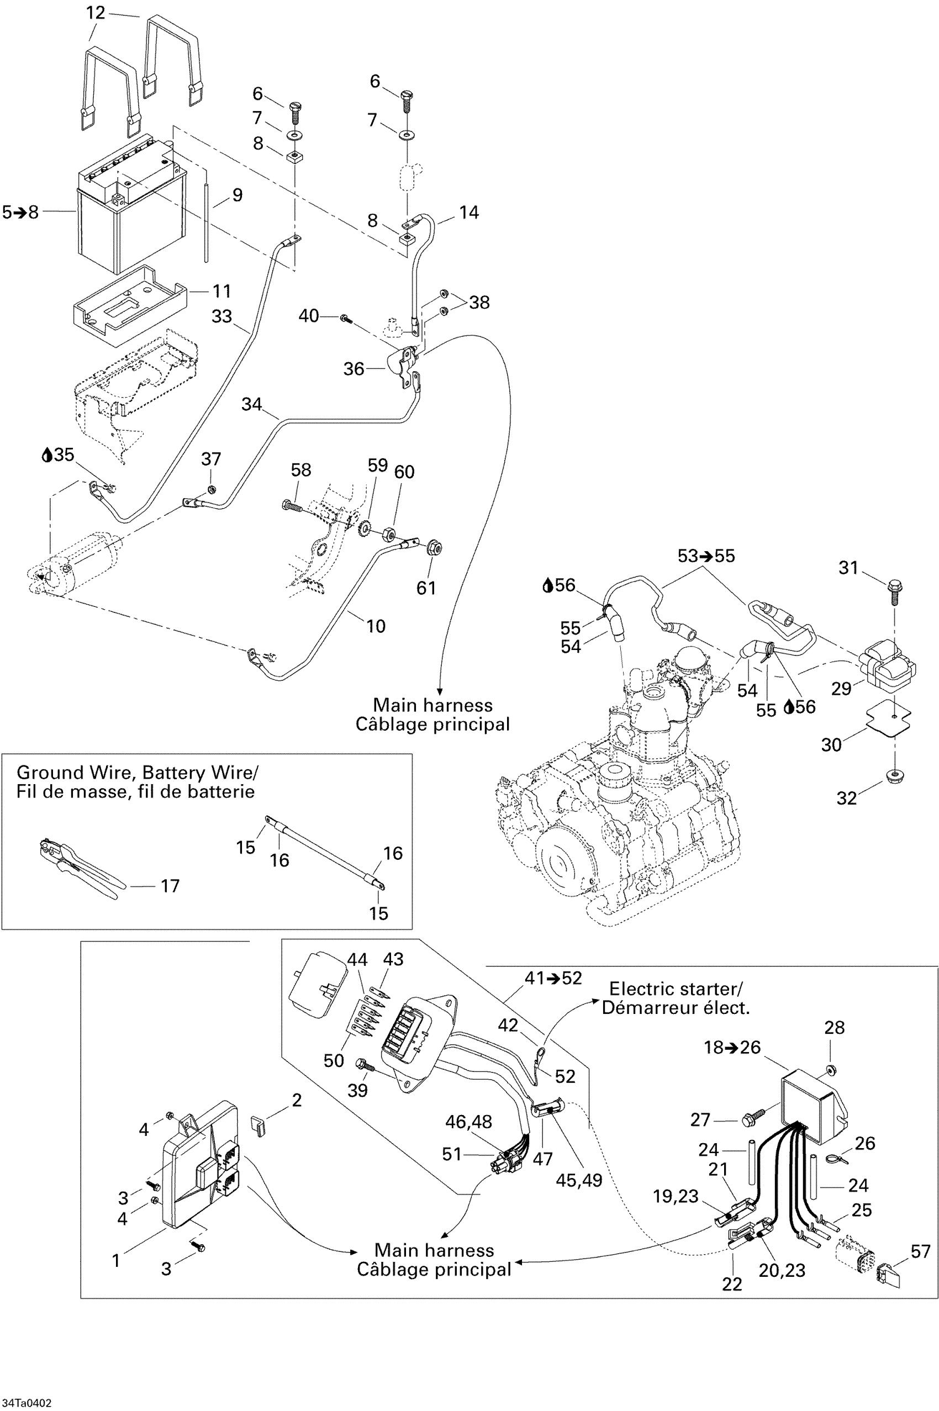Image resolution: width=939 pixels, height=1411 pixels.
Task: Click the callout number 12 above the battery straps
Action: coord(96,13)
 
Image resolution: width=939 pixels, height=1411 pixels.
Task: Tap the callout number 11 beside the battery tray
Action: coord(221,291)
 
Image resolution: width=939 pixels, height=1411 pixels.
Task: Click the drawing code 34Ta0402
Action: coord(27,1403)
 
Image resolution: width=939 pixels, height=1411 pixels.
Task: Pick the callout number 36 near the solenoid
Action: coord(354,369)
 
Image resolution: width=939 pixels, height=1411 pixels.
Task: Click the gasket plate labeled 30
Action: coord(889,717)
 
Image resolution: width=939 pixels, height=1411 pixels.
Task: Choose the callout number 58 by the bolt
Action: coord(300,470)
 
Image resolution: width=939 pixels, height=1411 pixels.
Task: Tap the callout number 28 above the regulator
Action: coord(834,1027)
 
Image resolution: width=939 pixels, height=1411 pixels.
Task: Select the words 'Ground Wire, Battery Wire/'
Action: coord(138,772)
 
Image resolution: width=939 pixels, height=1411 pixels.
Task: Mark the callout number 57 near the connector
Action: coord(920,1251)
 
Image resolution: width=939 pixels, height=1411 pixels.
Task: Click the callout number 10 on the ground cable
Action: coord(376,626)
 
